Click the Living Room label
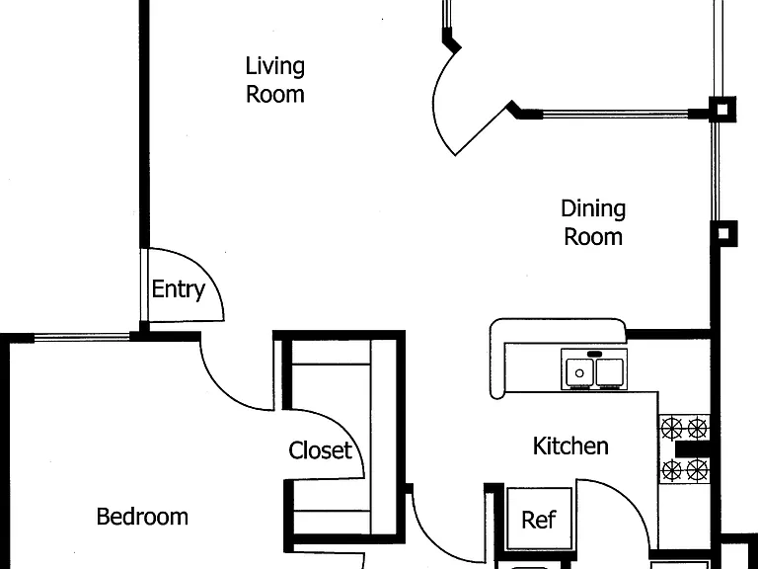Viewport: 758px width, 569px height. coord(275,80)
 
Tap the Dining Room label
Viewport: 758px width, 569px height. coord(593,222)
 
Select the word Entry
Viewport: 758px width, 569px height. coord(179,289)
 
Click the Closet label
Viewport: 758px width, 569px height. coord(320,450)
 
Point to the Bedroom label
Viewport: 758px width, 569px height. coord(142,517)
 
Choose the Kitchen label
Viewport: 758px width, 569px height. coord(570,447)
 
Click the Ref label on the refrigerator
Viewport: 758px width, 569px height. coord(539,521)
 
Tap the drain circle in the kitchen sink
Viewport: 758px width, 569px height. coord(579,373)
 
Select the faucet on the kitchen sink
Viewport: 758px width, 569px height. coord(594,355)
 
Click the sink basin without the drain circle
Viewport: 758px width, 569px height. coord(610,371)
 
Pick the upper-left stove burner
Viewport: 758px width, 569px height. coord(671,428)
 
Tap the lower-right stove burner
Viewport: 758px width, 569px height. coord(697,470)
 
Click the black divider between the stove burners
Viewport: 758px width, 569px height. coord(693,449)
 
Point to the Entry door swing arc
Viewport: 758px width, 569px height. coord(207,270)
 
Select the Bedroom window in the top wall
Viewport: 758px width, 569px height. coord(82,337)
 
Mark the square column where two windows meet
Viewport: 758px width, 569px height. coord(721,110)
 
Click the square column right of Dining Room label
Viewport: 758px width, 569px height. coord(723,234)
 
